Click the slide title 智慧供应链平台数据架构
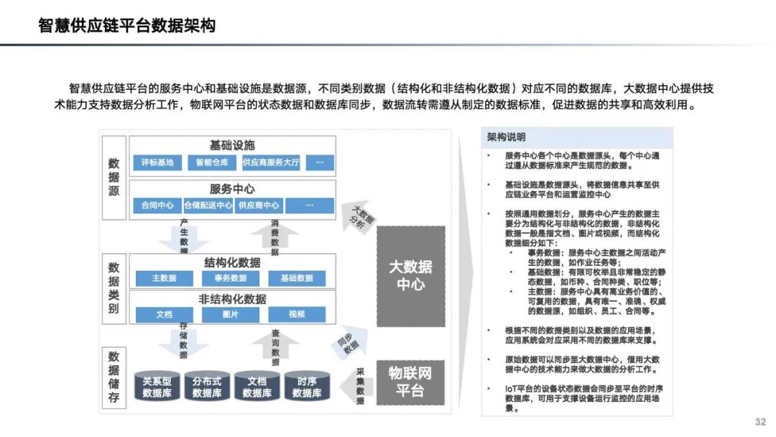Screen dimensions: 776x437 [127, 27]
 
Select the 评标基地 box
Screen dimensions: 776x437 [157, 162]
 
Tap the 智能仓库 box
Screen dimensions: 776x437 [209, 162]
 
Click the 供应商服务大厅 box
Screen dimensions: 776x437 [271, 162]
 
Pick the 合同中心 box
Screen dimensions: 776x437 [157, 206]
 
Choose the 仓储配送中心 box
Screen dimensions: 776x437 [208, 206]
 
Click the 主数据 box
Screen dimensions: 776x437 [164, 278]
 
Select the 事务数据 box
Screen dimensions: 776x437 [230, 278]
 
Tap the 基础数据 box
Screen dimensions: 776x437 [296, 278]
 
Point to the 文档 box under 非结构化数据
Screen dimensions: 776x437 [164, 315]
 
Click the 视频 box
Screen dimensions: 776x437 [296, 315]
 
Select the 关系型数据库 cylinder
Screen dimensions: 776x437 [157, 387]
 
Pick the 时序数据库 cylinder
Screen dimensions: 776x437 [307, 387]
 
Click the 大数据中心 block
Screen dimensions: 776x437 [411, 276]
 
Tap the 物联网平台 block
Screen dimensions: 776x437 [411, 382]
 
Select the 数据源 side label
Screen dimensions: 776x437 [114, 178]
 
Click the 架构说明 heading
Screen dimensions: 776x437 [506, 137]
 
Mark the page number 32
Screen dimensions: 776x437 [760, 421]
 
